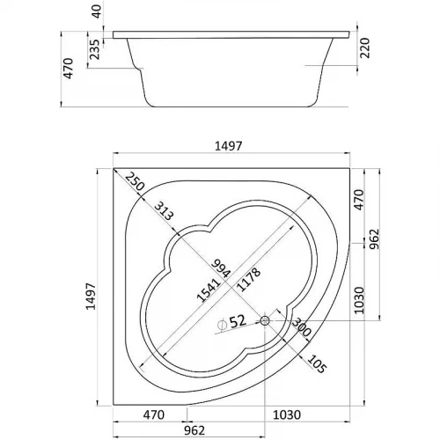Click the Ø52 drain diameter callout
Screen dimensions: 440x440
click(x=231, y=323)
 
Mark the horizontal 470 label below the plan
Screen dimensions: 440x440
click(x=155, y=414)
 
